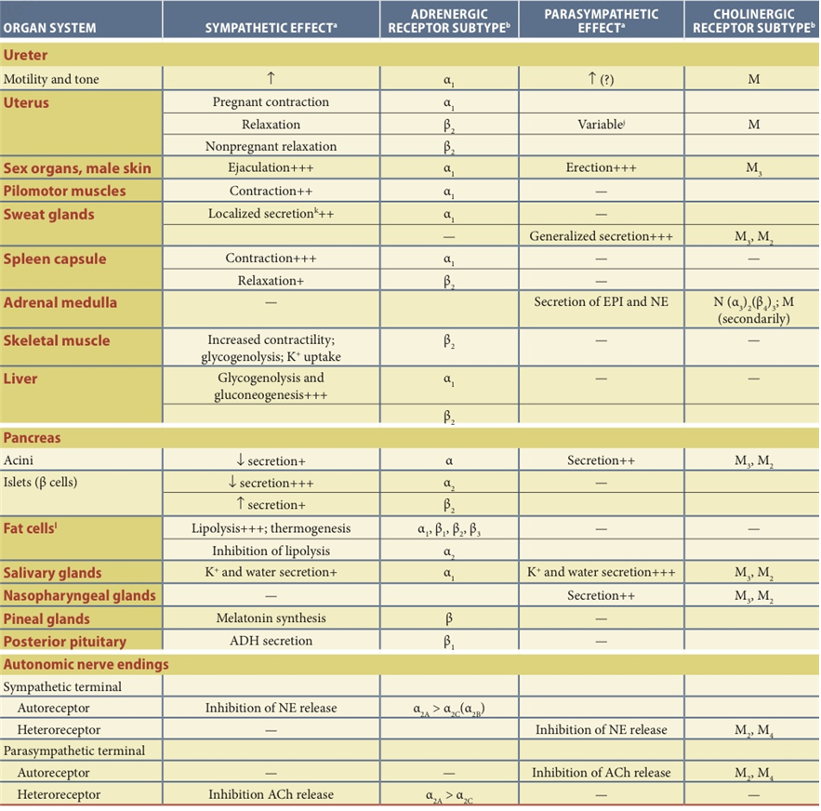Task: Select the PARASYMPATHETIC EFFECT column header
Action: click(601, 20)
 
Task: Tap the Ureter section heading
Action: click(27, 57)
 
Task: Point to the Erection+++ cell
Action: click(601, 168)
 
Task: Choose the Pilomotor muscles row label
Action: click(65, 192)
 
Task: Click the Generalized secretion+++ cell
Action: click(601, 236)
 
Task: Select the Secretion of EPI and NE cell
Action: click(601, 303)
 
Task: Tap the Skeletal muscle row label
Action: click(57, 340)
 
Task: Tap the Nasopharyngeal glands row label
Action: click(80, 595)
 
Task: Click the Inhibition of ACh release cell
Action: click(601, 772)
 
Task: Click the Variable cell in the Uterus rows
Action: click(601, 124)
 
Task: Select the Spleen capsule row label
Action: click(55, 259)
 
